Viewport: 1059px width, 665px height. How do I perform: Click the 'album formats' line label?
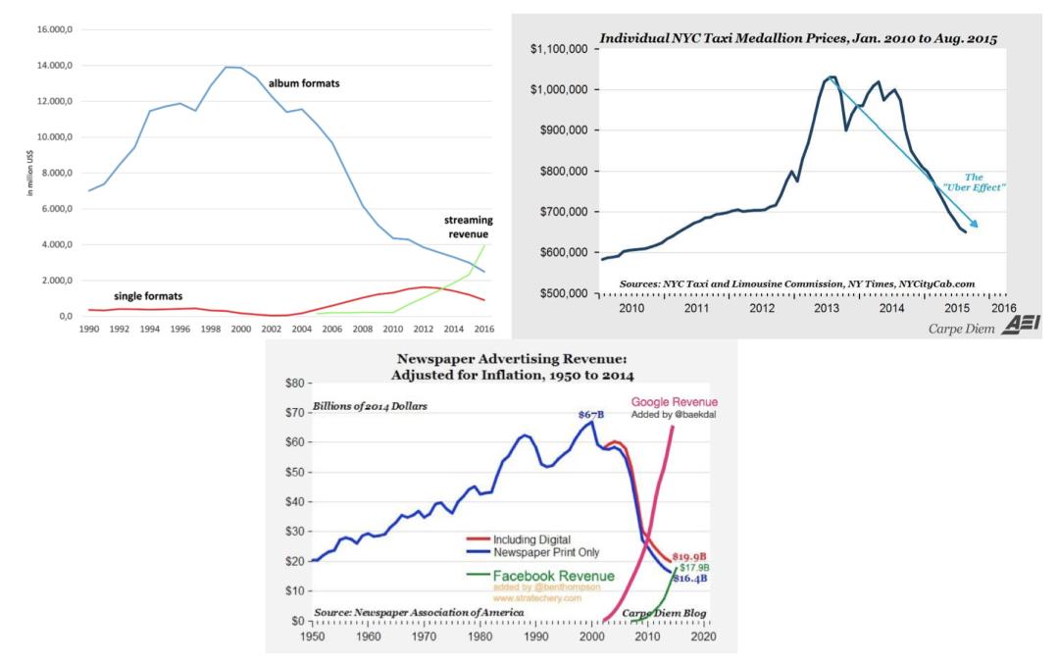pos(304,83)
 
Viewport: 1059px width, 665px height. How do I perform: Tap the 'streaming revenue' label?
pos(468,228)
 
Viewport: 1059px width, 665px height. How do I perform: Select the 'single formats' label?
pos(148,296)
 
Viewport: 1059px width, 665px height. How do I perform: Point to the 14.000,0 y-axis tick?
pos(55,66)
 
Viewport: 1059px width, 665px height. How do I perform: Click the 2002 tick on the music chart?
pos(272,330)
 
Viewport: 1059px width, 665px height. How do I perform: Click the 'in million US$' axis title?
pos(29,173)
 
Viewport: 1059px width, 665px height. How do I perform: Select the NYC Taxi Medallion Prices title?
pos(798,38)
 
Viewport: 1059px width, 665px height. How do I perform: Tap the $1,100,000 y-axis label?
pos(559,49)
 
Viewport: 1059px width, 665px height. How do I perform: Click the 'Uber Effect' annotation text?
pos(974,182)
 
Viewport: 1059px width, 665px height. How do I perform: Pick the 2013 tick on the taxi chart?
pos(826,308)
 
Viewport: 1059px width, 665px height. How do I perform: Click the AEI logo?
pos(1021,325)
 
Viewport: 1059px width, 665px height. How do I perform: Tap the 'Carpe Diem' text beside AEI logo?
pos(961,330)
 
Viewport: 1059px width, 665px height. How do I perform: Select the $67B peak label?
pos(591,414)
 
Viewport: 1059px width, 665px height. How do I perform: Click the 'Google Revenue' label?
pos(674,402)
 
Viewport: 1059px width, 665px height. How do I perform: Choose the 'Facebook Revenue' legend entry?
pos(540,576)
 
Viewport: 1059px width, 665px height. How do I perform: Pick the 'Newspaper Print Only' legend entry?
pos(532,552)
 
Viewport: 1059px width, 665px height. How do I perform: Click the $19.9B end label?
pos(689,557)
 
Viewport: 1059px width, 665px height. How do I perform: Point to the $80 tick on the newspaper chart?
pos(295,384)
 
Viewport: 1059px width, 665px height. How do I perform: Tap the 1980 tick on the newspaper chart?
pos(480,636)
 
